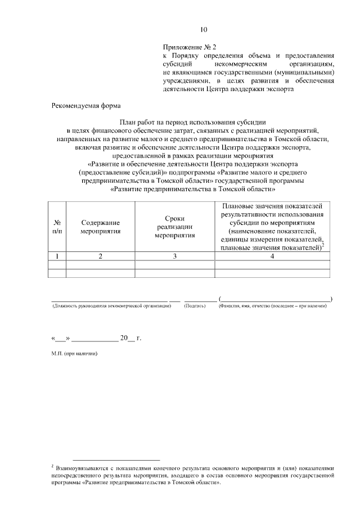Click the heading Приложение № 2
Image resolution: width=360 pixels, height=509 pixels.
pyautogui.click(x=185, y=47)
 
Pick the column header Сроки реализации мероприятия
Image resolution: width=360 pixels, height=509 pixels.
pyautogui.click(x=174, y=227)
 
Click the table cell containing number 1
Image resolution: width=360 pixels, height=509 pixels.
pyautogui.click(x=57, y=256)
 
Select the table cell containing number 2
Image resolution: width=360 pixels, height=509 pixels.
pyautogui.click(x=100, y=256)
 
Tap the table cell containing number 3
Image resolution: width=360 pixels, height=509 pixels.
pyautogui.click(x=174, y=256)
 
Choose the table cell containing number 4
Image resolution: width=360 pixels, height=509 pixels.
pyautogui.click(x=272, y=256)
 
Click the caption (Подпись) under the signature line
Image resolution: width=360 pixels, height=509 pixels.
pyautogui.click(x=195, y=305)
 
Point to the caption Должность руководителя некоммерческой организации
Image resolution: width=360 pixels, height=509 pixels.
pyautogui.click(x=111, y=305)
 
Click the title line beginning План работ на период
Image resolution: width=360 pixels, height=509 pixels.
pyautogui.click(x=192, y=122)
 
